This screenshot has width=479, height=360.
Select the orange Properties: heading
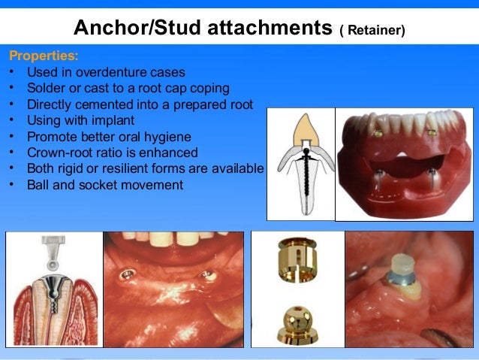43,56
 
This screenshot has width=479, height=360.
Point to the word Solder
47,89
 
